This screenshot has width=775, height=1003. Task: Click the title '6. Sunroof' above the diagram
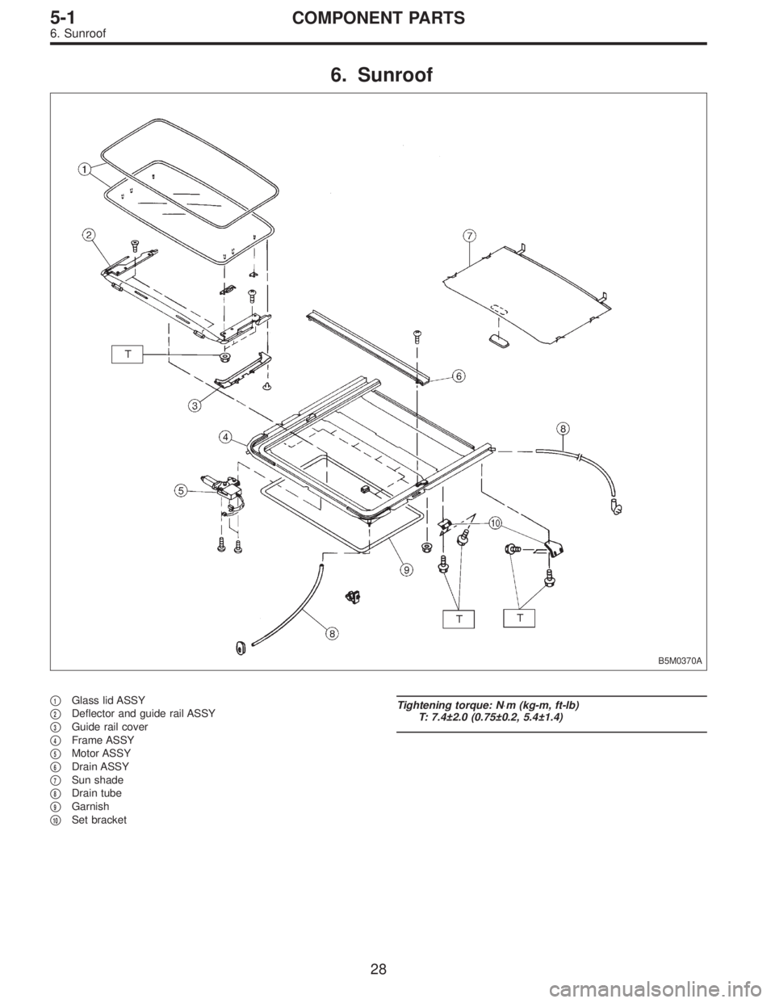pos(387,77)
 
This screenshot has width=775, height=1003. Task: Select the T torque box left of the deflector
pos(128,355)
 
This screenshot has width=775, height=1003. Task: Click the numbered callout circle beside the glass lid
pos(84,170)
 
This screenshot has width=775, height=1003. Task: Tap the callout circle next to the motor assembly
pos(179,489)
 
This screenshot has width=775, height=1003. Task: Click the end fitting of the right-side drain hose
pos(618,508)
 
